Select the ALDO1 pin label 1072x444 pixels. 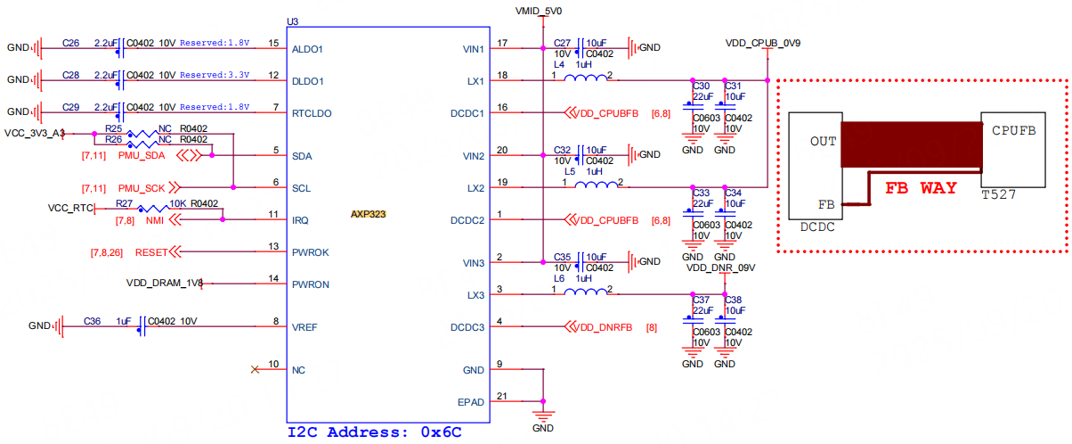click(307, 49)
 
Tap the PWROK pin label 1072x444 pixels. click(311, 252)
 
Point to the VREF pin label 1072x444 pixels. click(305, 327)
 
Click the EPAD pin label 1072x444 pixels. click(471, 402)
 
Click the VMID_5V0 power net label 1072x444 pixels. click(539, 11)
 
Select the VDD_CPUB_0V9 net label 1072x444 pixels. click(763, 43)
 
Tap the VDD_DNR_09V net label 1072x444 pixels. click(721, 267)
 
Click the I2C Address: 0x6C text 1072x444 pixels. click(374, 432)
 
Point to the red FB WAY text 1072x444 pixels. click(921, 188)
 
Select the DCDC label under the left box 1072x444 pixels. click(818, 227)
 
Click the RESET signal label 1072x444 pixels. click(151, 252)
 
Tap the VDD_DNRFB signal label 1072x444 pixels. click(605, 327)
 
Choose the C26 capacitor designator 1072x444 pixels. click(71, 42)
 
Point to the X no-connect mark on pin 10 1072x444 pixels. click(256, 369)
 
